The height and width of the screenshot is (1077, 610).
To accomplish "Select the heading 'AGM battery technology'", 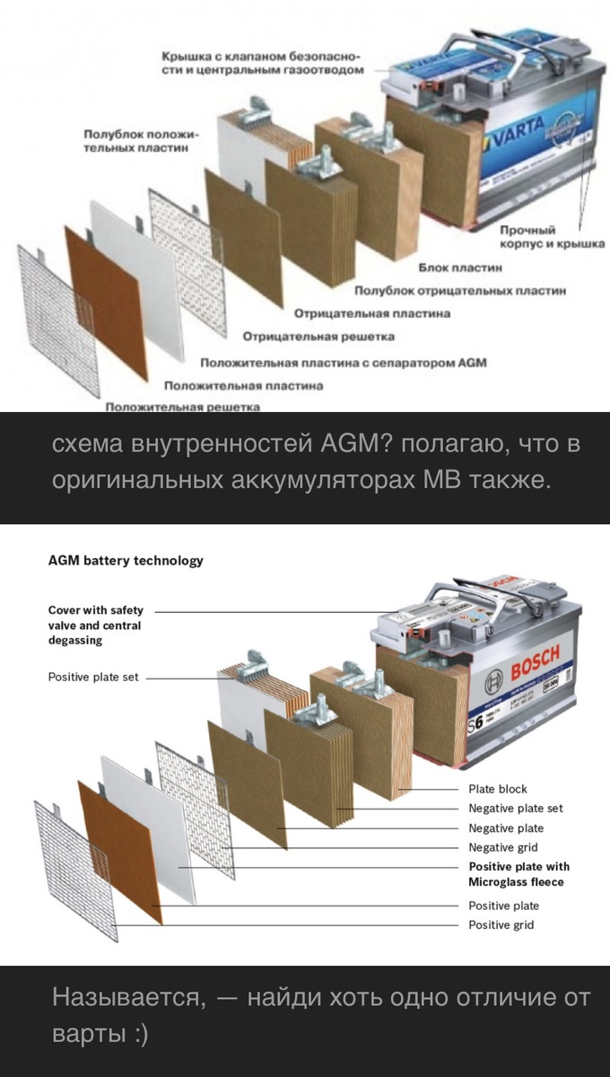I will click(x=126, y=561).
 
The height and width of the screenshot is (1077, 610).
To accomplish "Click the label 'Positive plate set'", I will click(x=93, y=677).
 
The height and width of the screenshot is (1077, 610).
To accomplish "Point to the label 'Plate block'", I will click(x=498, y=789).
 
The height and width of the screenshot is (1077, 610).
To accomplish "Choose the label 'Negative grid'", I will click(x=503, y=847).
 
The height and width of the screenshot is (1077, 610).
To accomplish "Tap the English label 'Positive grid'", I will click(x=501, y=924).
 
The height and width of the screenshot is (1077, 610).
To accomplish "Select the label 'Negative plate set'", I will click(x=516, y=809).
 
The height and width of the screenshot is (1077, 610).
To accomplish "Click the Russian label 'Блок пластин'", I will click(x=460, y=267).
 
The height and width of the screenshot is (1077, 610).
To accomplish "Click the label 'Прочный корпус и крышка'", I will click(x=552, y=237).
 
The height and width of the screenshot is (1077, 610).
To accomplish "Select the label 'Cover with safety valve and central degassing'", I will click(x=95, y=625).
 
